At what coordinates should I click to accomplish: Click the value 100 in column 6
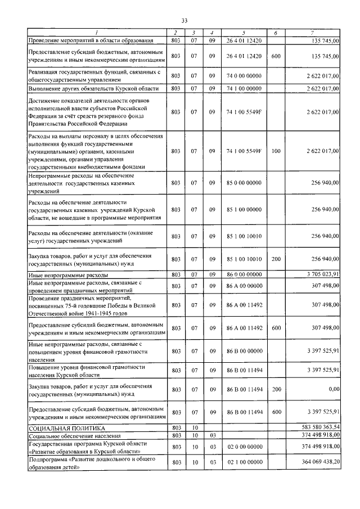276,151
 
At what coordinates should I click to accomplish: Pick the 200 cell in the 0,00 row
276,389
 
